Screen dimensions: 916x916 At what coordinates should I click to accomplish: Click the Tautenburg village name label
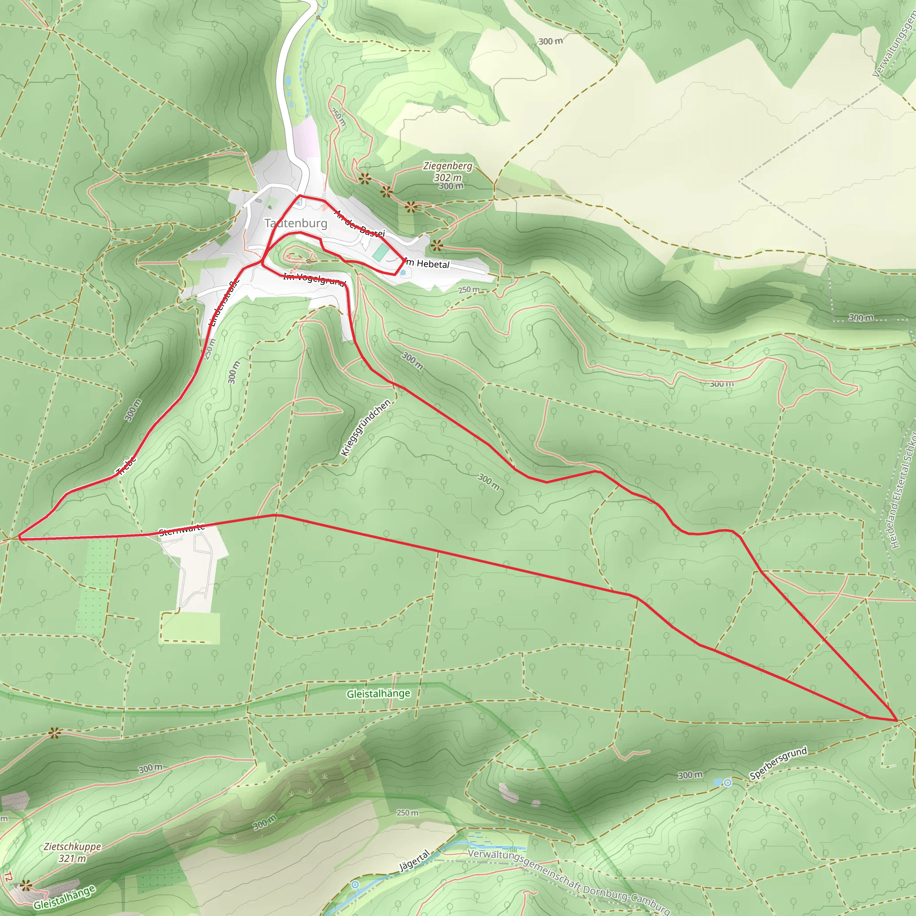[x=296, y=223]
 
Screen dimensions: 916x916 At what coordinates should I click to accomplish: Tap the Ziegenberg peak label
[x=448, y=166]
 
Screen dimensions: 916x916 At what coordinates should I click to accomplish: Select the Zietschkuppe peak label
[x=72, y=847]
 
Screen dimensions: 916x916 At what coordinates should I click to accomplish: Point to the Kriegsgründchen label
[x=365, y=428]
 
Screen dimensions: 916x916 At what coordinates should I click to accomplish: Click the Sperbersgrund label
[x=778, y=763]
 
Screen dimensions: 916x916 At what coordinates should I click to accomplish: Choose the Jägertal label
[x=414, y=860]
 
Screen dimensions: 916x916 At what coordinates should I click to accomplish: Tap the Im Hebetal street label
[x=428, y=263]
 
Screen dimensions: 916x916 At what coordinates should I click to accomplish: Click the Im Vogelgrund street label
[x=314, y=279]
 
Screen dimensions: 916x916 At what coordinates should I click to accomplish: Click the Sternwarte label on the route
[x=182, y=530]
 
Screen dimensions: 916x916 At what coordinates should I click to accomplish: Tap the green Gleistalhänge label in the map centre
[x=378, y=694]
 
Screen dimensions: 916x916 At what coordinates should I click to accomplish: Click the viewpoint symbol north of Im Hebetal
[x=437, y=246]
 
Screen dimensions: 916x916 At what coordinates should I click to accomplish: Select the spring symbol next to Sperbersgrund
[x=727, y=783]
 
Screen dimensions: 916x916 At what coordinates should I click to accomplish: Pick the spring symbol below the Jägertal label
[x=355, y=885]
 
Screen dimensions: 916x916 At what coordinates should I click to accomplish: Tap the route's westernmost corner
[x=19, y=539]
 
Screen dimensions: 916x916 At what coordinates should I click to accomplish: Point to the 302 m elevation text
[x=448, y=177]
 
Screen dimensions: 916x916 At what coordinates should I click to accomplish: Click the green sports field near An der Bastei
[x=380, y=252]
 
